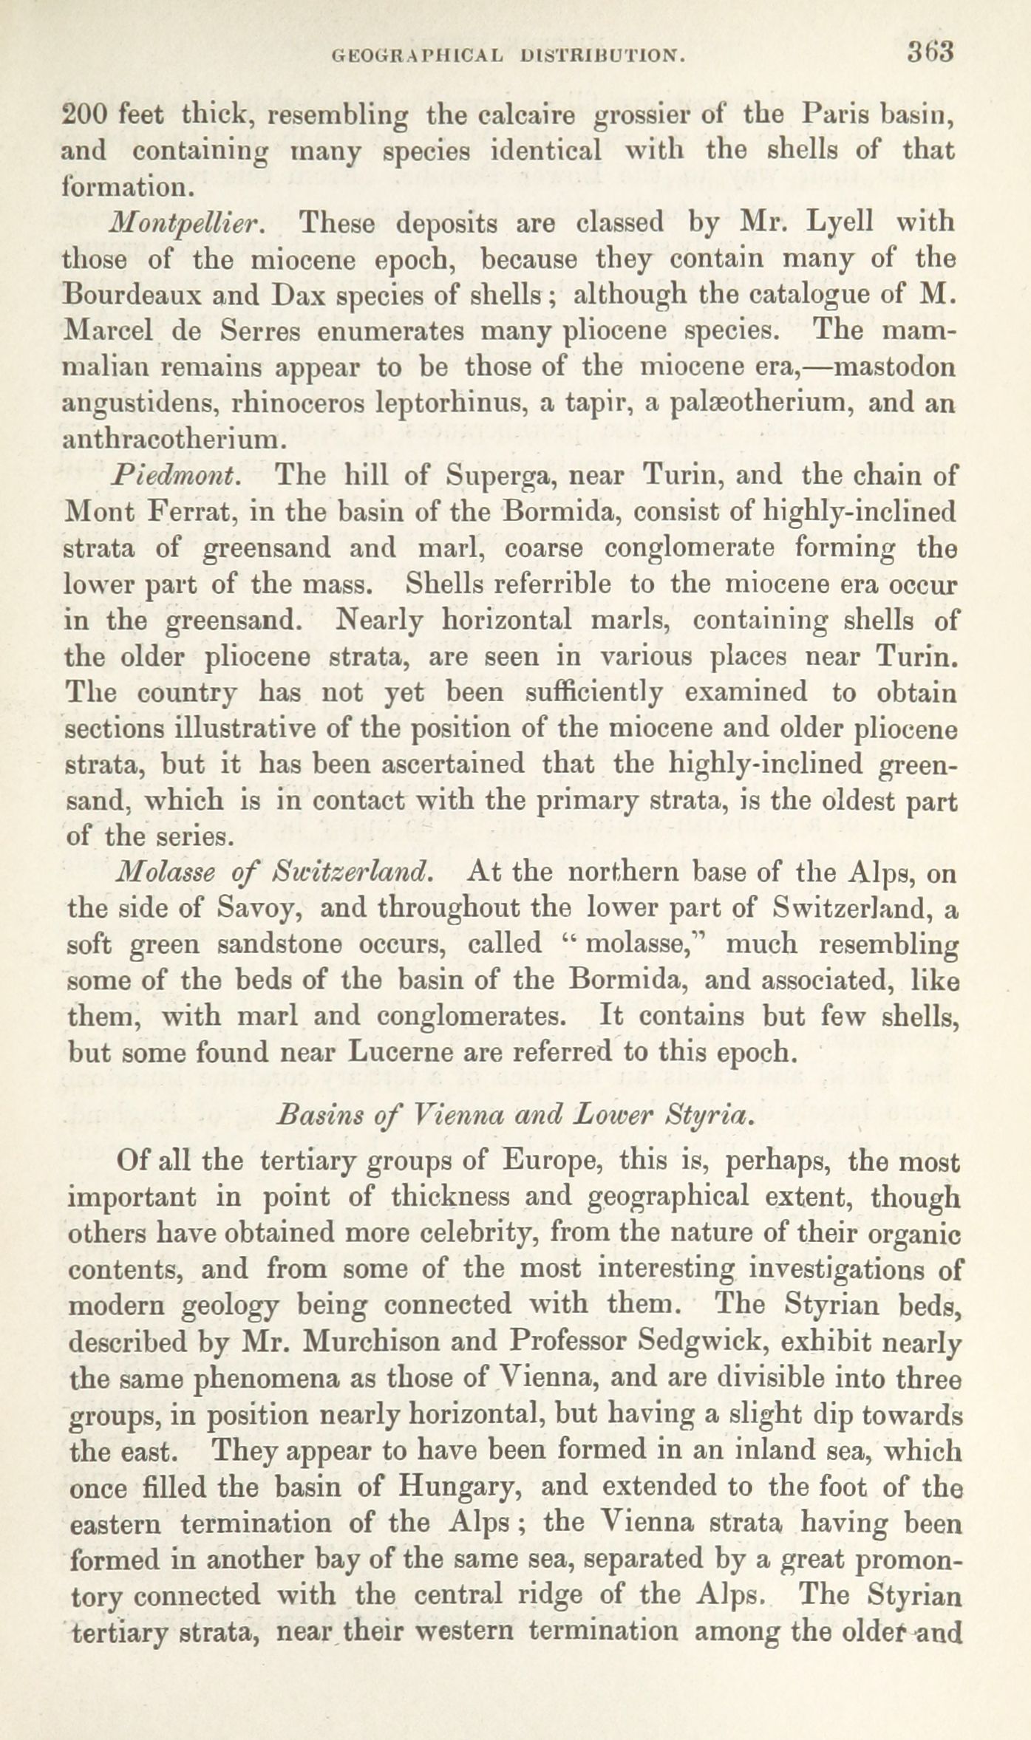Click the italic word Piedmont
click(x=177, y=475)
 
